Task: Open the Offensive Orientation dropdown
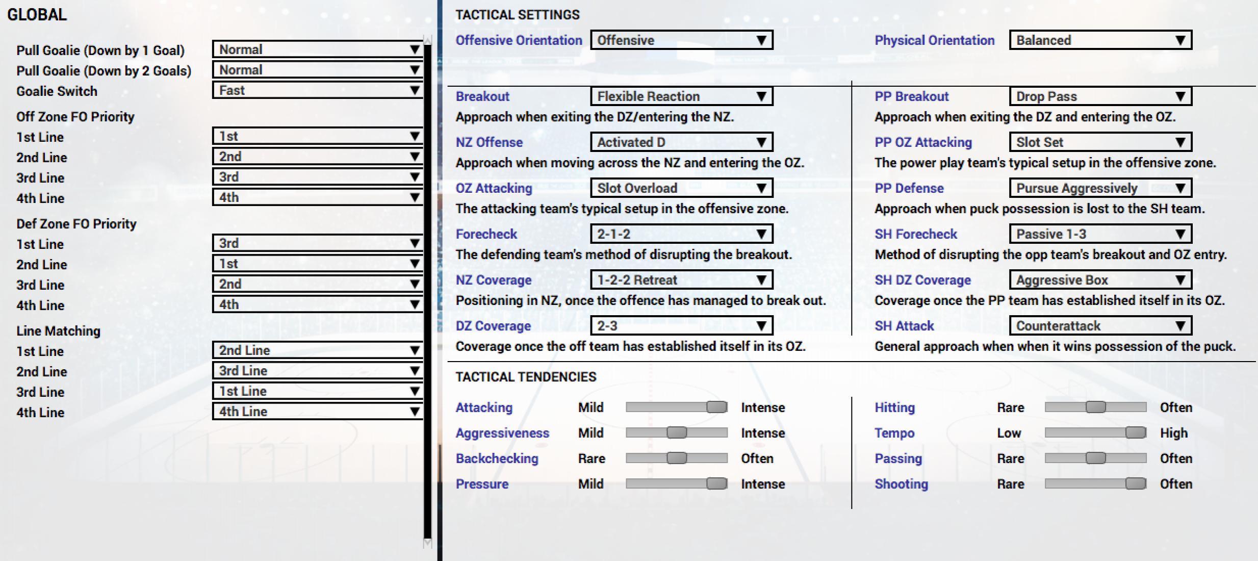point(681,40)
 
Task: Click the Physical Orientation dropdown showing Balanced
point(1100,40)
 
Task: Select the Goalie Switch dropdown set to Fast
point(317,90)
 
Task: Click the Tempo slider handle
point(1136,432)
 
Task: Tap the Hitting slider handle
point(1095,407)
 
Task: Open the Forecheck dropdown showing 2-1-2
point(681,234)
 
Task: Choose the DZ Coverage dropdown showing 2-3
point(681,326)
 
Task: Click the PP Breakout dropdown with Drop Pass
point(1100,96)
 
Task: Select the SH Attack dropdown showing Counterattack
point(1100,326)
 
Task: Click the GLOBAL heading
point(37,14)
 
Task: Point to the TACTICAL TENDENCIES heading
point(526,377)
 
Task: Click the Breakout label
point(482,96)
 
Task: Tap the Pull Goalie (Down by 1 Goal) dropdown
point(317,49)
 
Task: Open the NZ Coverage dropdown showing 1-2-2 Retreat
point(681,280)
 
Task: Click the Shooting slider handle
point(1136,483)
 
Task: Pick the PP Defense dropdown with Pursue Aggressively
point(1100,188)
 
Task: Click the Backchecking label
point(497,458)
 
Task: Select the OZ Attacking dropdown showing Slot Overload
point(681,188)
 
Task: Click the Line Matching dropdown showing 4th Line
point(317,412)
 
